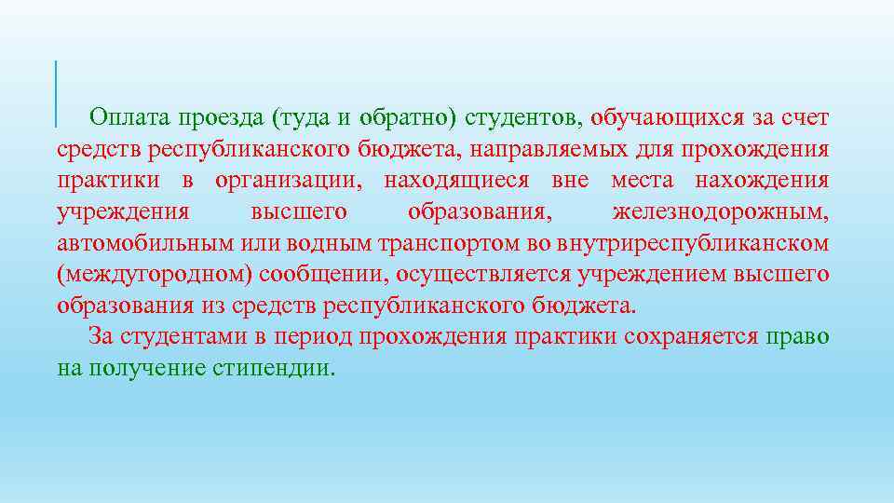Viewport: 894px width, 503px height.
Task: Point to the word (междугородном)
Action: point(154,275)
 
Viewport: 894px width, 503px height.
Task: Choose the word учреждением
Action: point(632,275)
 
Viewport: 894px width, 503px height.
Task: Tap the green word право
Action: point(797,336)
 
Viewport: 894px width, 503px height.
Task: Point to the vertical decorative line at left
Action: point(56,93)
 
